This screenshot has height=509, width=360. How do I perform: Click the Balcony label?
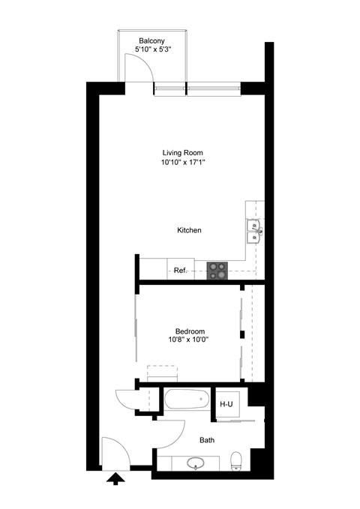tap(151, 40)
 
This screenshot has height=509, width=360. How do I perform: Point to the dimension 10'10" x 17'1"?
tap(183, 162)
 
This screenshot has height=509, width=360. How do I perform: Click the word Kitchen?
tap(189, 230)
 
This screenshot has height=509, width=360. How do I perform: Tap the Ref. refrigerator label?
tap(180, 270)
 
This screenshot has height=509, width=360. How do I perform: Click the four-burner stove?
tap(218, 270)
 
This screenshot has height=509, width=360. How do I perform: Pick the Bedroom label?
tap(190, 331)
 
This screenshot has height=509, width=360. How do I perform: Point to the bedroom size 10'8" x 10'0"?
tap(188, 340)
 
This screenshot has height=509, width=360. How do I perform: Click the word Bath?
tap(207, 440)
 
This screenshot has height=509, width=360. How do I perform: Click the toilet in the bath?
tap(236, 460)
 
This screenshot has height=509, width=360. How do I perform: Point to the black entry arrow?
tap(116, 479)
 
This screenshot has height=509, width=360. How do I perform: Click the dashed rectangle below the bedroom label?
tap(161, 373)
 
